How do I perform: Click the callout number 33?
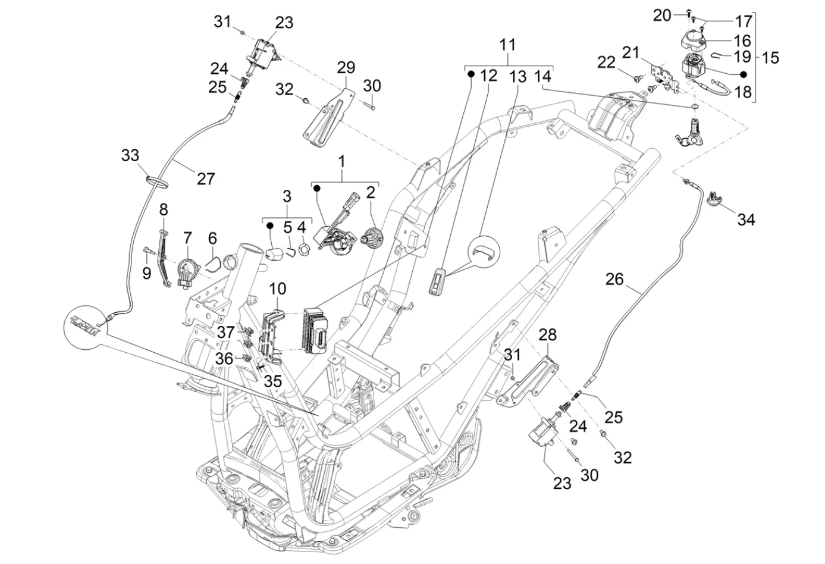pyautogui.click(x=130, y=156)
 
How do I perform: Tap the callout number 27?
pyautogui.click(x=206, y=178)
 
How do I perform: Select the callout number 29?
pyautogui.click(x=346, y=67)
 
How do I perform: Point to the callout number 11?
pyautogui.click(x=507, y=45)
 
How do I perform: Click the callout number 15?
pyautogui.click(x=770, y=58)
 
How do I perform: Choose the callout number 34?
pyautogui.click(x=746, y=220)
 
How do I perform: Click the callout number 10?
pyautogui.click(x=278, y=289)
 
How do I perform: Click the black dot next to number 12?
pyautogui.click(x=470, y=74)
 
